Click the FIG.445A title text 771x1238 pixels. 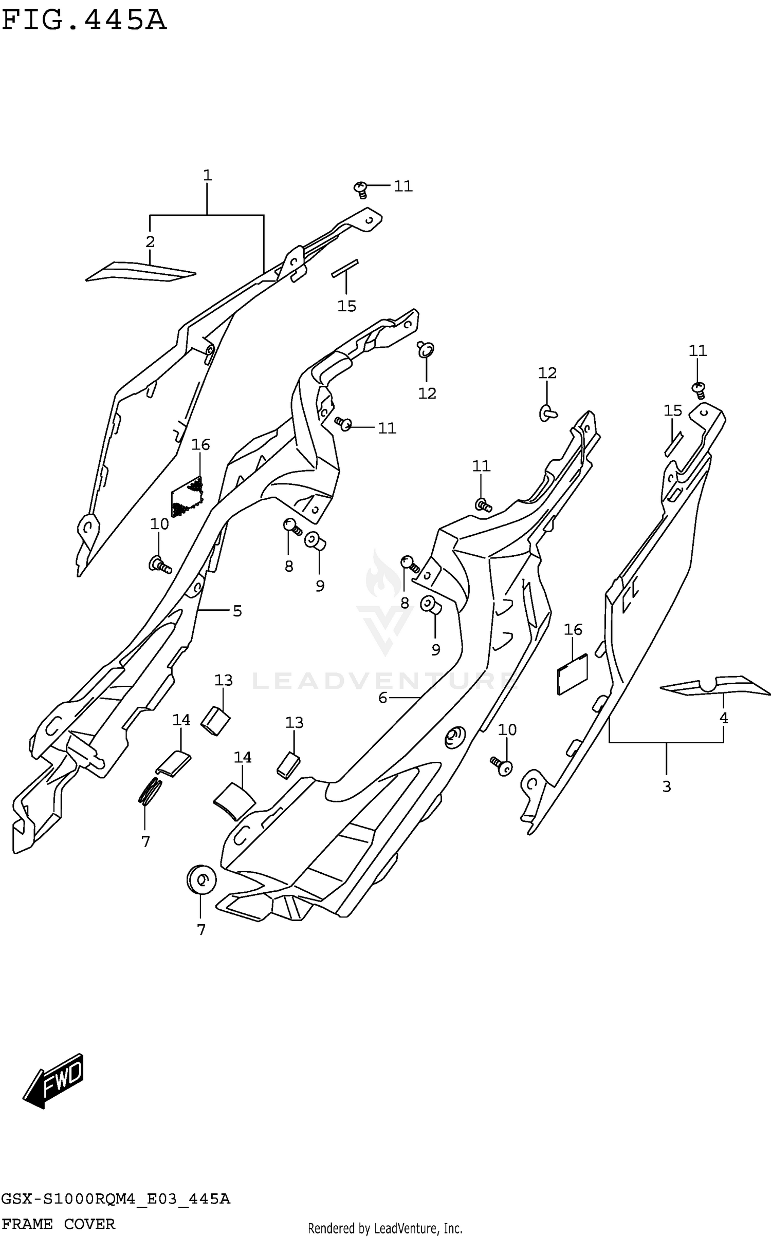pos(84,21)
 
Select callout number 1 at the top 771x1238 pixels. pos(207,176)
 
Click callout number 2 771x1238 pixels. pos(150,241)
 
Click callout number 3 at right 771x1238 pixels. pos(667,786)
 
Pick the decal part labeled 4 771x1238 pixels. pos(715,685)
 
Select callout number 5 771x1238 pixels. pos(237,611)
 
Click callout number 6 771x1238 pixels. pos(382,698)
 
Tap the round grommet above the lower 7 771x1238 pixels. pos(201,879)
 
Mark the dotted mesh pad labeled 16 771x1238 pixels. pos(188,496)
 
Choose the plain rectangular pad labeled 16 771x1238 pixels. pos(572,673)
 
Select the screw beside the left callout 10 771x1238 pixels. pos(159,565)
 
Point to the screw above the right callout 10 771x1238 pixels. pos(502,766)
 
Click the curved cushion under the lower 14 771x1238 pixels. pos(234,801)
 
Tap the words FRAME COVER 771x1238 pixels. pos(58,1224)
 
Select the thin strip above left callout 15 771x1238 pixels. pos(345,268)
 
